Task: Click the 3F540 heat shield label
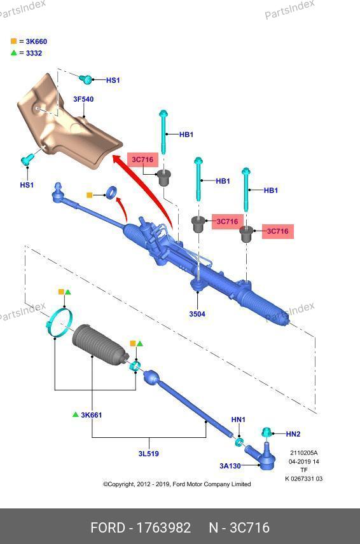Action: pyautogui.click(x=83, y=99)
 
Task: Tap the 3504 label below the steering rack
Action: pyautogui.click(x=197, y=314)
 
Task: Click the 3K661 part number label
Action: pyautogui.click(x=92, y=415)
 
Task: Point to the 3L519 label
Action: pyautogui.click(x=149, y=454)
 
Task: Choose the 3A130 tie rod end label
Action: pyautogui.click(x=230, y=466)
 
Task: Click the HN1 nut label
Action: pyautogui.click(x=238, y=420)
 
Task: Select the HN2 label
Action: pyautogui.click(x=293, y=434)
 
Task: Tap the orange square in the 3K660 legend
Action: pyautogui.click(x=13, y=41)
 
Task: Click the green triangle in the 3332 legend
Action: pyautogui.click(x=13, y=53)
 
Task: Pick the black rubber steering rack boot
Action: pyautogui.click(x=100, y=344)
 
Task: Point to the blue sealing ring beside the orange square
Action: pyautogui.click(x=111, y=193)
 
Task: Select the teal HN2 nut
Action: pyautogui.click(x=267, y=433)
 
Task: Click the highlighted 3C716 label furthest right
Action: pyautogui.click(x=277, y=231)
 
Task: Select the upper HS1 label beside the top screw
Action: pyautogui.click(x=113, y=80)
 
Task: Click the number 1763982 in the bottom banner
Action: pyautogui.click(x=163, y=527)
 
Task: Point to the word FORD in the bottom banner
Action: pyautogui.click(x=107, y=527)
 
